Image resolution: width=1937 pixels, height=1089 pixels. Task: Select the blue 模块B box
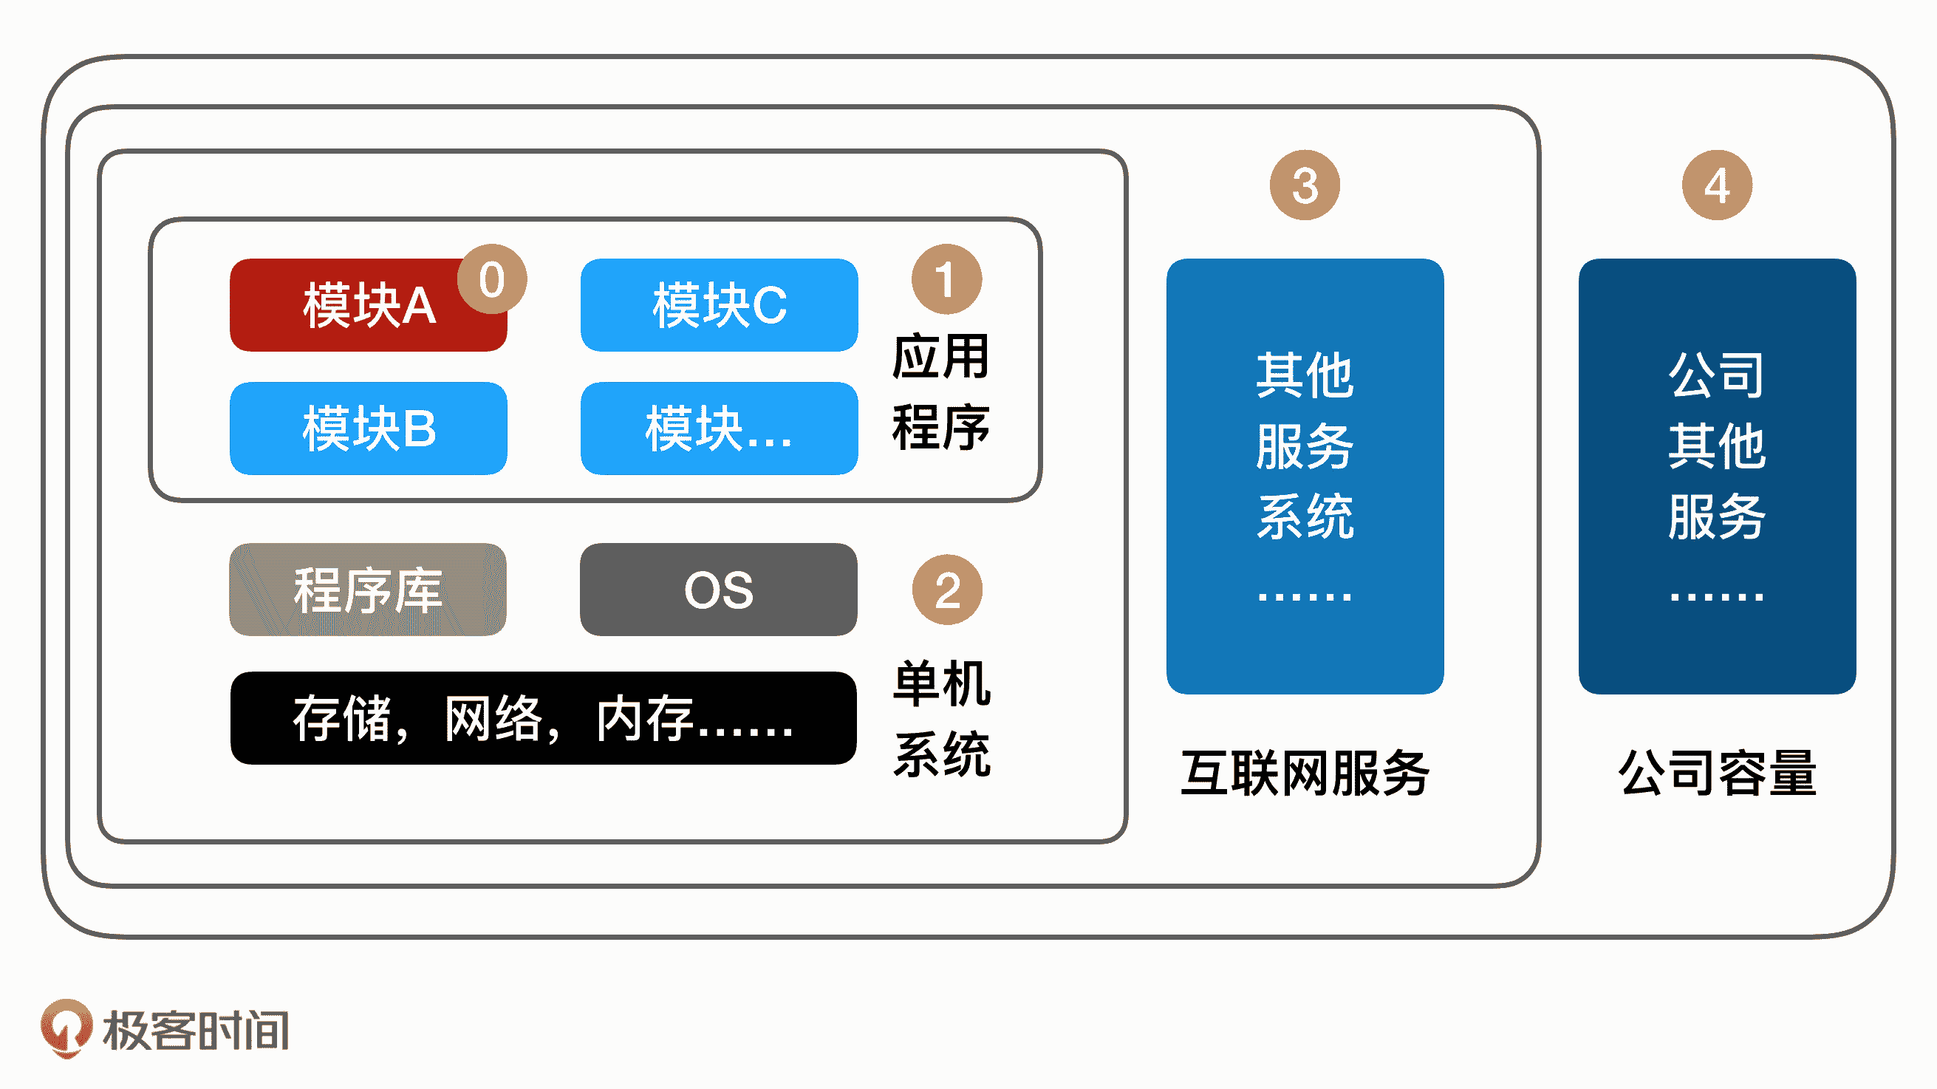369,429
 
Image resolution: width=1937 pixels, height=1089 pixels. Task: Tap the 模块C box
719,305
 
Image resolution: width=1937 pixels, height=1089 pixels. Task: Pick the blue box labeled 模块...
719,429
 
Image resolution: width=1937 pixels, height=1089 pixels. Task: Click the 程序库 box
368,590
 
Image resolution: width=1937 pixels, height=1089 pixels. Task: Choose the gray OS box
718,590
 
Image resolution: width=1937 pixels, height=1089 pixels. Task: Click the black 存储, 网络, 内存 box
543,718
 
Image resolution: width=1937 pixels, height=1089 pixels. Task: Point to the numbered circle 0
492,279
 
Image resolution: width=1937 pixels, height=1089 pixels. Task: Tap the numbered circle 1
946,279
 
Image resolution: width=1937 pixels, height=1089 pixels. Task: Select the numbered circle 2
946,590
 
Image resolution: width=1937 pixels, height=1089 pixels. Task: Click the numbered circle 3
1305,185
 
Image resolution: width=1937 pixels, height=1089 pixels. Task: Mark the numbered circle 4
1717,185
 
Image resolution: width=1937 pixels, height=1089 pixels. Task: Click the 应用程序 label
940,391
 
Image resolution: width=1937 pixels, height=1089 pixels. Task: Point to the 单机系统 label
941,718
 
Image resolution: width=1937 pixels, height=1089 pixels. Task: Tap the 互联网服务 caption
1305,773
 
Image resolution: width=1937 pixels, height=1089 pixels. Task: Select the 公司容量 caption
1718,773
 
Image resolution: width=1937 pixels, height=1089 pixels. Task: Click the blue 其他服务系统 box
1305,476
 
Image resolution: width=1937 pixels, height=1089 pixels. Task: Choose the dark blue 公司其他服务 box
1717,476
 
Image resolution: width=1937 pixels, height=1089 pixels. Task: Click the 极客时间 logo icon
66,1028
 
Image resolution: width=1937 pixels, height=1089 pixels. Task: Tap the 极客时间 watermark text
197,1030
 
